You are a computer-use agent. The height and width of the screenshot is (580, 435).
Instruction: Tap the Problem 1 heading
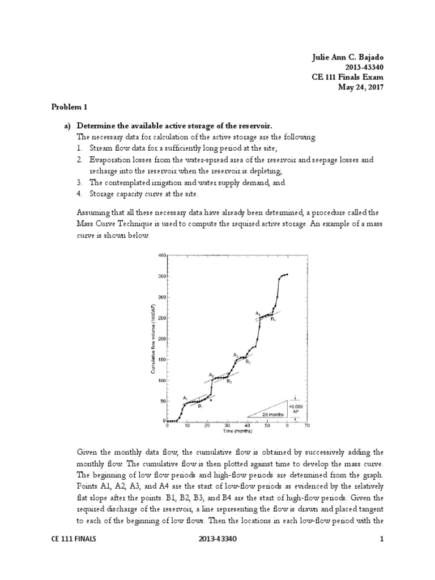(x=70, y=106)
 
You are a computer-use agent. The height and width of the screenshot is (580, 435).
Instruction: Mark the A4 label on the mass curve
(x=257, y=313)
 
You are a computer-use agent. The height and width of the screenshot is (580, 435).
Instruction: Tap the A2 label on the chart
(x=211, y=374)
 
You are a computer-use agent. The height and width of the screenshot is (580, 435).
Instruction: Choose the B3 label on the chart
(x=248, y=361)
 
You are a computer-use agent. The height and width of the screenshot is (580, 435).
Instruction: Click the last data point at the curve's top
(x=287, y=274)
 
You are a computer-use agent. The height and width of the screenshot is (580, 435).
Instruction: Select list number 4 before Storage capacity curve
(x=80, y=194)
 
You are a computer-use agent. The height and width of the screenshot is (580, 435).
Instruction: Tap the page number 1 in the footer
(x=382, y=555)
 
